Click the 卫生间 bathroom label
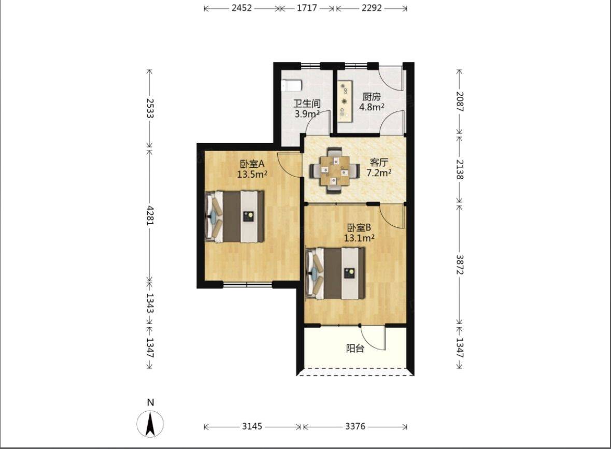[307, 104]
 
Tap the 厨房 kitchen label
[371, 96]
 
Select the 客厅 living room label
[379, 163]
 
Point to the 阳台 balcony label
[355, 349]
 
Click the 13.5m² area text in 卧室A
[252, 174]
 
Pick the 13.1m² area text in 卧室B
[359, 238]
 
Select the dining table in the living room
[335, 170]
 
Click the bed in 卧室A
[235, 216]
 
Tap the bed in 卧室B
[336, 274]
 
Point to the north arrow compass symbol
[150, 423]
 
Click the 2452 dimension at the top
[241, 8]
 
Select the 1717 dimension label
[307, 8]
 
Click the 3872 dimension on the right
[460, 265]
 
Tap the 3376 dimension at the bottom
[355, 426]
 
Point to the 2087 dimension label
[460, 102]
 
